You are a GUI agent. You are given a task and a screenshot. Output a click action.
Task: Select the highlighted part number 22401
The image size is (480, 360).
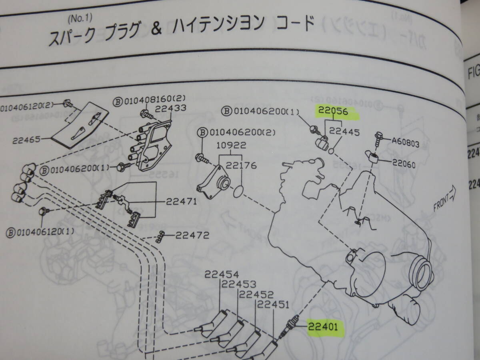click(323, 327)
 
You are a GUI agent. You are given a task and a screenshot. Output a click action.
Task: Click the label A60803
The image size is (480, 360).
click(405, 143)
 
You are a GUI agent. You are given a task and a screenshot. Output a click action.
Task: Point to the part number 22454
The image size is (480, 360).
click(222, 274)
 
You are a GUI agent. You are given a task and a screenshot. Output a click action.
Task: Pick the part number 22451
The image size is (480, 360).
click(273, 305)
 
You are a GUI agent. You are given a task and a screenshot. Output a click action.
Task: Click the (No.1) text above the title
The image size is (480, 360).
click(80, 18)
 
